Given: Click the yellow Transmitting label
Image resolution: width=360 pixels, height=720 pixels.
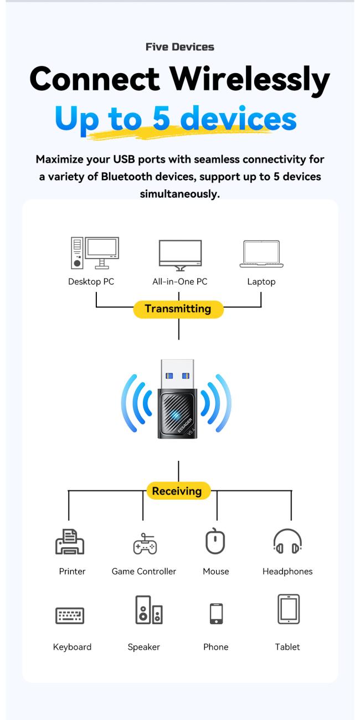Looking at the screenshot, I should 178,309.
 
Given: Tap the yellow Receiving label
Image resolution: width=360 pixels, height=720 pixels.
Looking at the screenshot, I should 177,491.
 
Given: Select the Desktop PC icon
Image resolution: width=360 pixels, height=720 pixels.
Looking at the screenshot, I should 95,253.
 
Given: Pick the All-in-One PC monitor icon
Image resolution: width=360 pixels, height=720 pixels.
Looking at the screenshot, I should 180,255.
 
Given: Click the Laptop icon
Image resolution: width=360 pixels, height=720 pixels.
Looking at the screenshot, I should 261,255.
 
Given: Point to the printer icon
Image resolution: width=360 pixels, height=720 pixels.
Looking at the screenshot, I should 70,542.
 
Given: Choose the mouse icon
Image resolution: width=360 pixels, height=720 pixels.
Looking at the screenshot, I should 215,542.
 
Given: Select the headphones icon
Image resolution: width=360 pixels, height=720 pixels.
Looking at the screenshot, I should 287,542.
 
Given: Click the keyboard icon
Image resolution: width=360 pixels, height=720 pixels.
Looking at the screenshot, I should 70,615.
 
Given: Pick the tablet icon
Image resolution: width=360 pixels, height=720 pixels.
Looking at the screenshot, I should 288,609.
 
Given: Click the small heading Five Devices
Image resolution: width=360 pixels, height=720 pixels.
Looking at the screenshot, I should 179,47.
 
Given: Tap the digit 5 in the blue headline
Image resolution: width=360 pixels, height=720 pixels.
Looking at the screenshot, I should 161,119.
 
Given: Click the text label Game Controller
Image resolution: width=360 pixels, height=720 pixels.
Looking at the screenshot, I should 144,572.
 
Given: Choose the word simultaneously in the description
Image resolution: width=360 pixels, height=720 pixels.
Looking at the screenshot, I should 179,194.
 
